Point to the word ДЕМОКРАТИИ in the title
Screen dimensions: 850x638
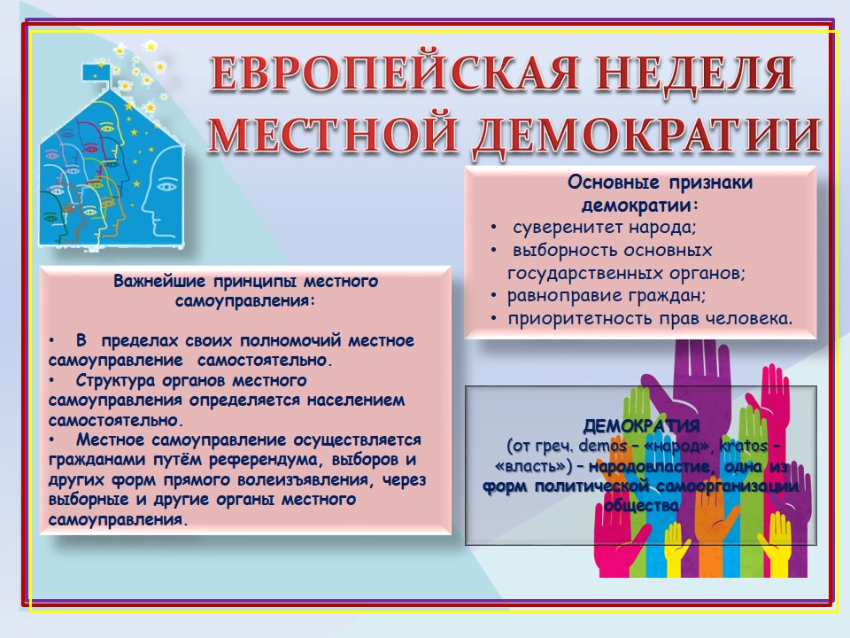(x=646, y=135)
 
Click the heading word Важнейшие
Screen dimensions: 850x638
(x=160, y=281)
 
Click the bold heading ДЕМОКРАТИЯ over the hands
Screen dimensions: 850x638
(x=641, y=426)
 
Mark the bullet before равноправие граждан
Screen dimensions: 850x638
(x=493, y=296)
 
